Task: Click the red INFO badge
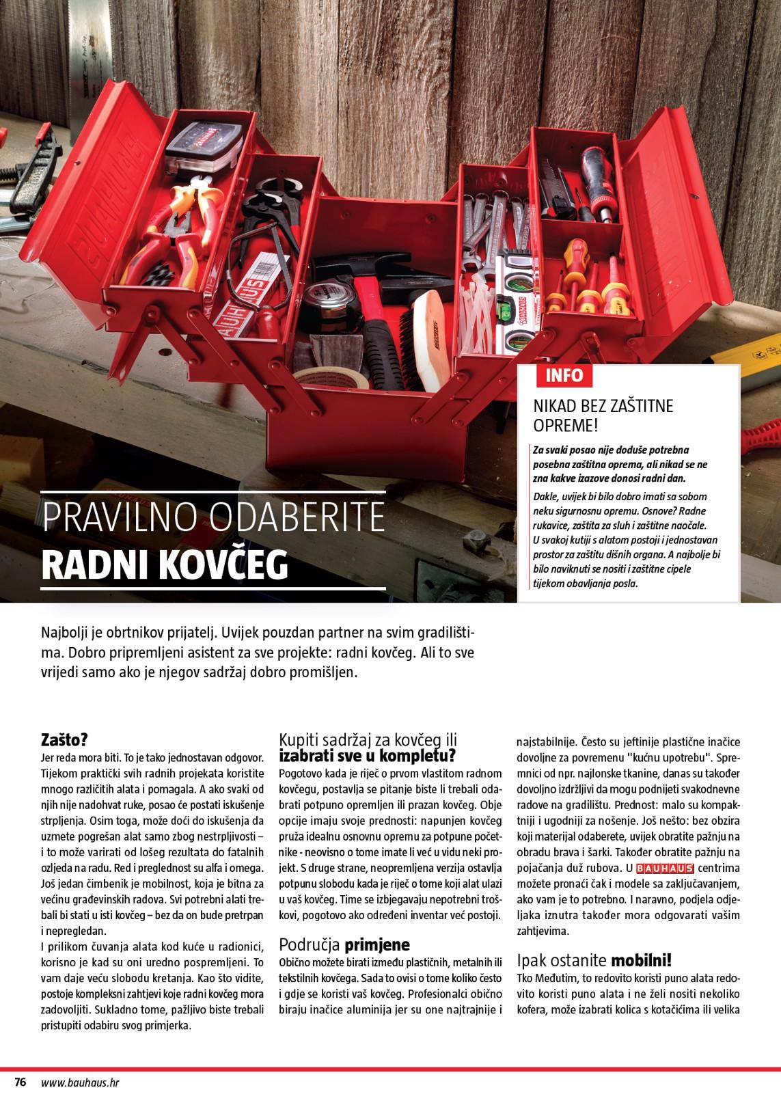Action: point(564,375)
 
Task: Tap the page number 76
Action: point(20,1082)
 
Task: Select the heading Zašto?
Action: point(64,741)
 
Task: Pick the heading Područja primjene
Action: point(344,945)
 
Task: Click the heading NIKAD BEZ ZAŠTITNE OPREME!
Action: point(603,415)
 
